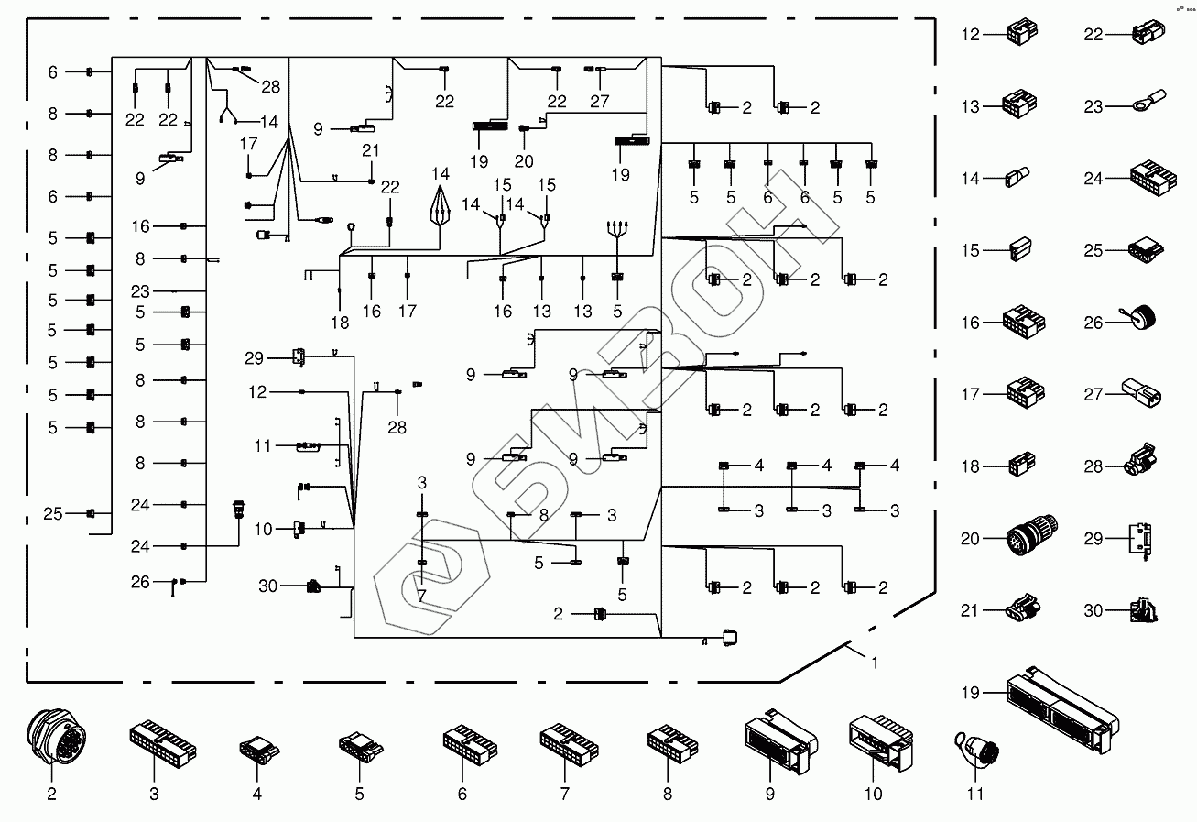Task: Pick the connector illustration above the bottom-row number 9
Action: pos(778,740)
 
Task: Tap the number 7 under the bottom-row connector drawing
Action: pos(564,795)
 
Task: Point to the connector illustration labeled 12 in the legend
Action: pos(1020,34)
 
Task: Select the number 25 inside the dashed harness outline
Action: pos(52,514)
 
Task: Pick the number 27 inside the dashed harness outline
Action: pos(600,102)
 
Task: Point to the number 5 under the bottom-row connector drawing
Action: pos(359,795)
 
